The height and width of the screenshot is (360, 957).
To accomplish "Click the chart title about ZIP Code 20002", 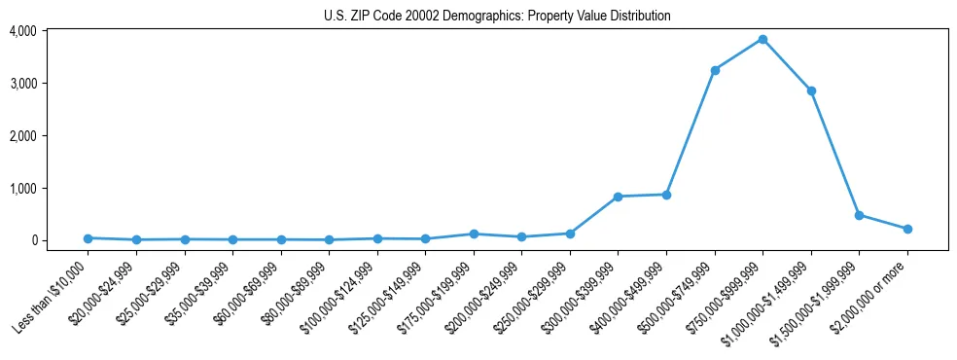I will click(497, 16).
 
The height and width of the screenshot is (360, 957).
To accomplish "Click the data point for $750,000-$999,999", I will click(762, 39).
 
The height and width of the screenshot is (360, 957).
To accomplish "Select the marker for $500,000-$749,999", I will click(715, 70).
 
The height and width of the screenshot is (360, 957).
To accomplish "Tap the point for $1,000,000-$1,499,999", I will click(811, 90).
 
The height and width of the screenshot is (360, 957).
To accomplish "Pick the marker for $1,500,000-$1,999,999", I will click(859, 215).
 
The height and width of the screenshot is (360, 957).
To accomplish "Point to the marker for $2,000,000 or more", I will click(907, 229).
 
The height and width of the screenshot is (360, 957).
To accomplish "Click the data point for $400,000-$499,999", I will click(666, 195).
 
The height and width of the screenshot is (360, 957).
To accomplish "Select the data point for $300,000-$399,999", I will click(618, 197).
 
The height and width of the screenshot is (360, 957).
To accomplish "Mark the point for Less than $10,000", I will click(88, 238).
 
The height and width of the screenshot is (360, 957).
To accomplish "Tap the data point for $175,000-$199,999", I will click(474, 234).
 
